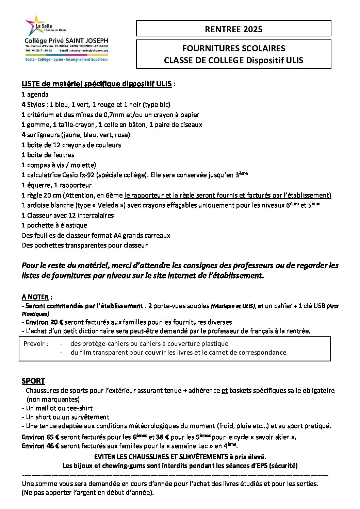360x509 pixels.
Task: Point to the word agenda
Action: click(38, 95)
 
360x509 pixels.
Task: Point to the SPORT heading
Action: click(33, 381)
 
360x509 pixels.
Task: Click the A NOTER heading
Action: click(35, 297)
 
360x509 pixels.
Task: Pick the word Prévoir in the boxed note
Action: click(34, 344)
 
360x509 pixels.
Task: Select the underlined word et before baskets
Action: click(225, 391)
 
